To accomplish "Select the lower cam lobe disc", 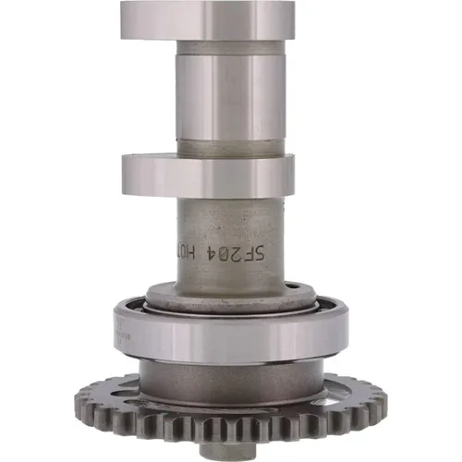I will (x=208, y=175).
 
